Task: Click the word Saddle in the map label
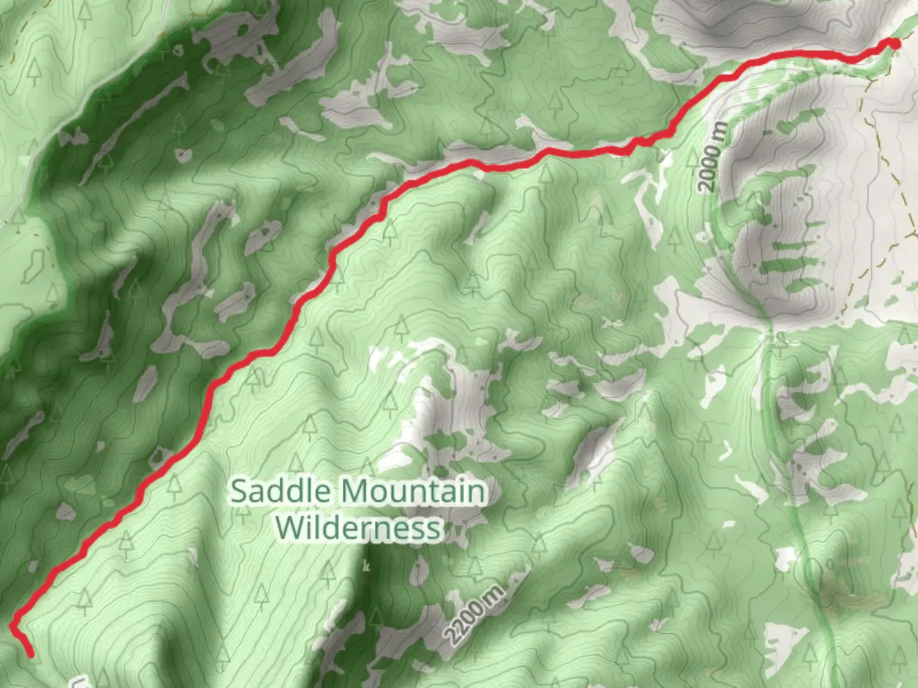coord(281,492)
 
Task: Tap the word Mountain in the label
coord(412,492)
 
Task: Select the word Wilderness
coord(359,528)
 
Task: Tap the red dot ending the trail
coord(894,43)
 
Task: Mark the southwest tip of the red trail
coord(30,654)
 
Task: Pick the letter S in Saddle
coord(239,492)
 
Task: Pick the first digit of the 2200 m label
coord(454,636)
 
